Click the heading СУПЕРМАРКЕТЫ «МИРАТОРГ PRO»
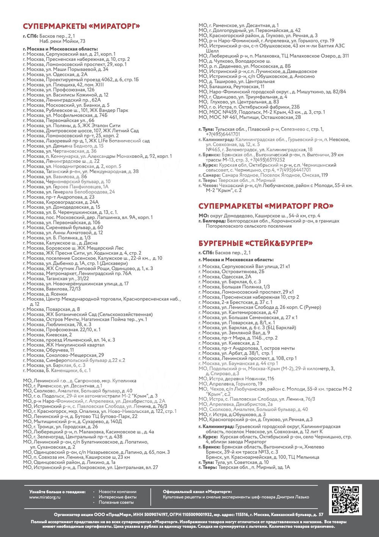pos(266,206)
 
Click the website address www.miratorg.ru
pos(45,497)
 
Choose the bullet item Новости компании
pos(117,491)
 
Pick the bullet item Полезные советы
pos(116,502)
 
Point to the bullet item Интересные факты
pos(117,497)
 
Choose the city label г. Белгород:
pos(211,221)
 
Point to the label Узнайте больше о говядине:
pos(57,491)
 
